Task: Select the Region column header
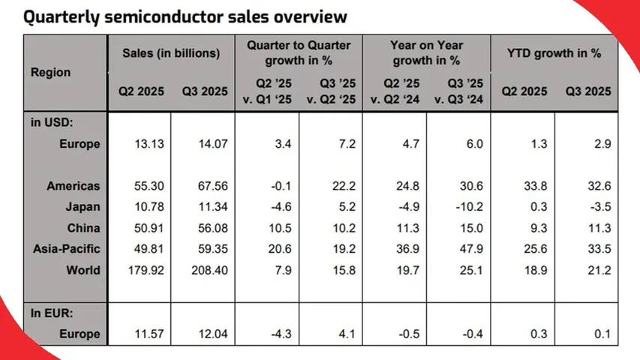(51, 73)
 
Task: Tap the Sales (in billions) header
(171, 53)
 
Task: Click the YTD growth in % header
(554, 53)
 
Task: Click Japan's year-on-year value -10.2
(458, 206)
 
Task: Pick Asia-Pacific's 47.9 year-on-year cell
(458, 249)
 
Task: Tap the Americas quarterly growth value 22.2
(330, 185)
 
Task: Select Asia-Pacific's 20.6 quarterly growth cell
(266, 249)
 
